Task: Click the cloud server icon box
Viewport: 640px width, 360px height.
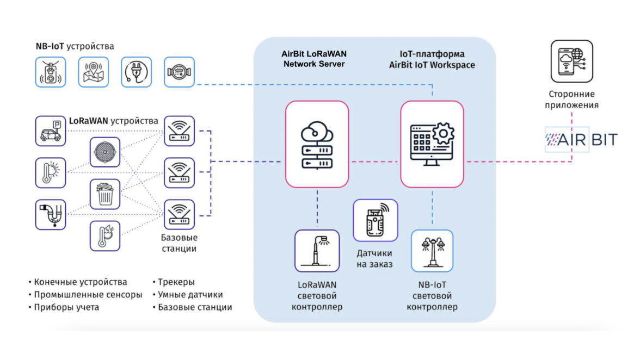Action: pos(317,144)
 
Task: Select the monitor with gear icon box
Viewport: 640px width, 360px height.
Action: pos(432,144)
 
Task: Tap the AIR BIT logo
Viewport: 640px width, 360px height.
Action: pos(581,140)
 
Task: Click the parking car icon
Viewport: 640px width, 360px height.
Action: pos(50,131)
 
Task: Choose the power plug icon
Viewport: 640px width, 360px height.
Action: pos(136,72)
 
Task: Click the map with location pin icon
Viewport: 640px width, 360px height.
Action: pos(94,72)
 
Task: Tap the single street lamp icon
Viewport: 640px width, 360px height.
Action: pos(317,251)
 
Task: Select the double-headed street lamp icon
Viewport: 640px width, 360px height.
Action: pos(432,251)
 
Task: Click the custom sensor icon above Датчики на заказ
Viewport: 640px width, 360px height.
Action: pos(375,220)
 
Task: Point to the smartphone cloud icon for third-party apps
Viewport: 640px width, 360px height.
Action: pos(571,61)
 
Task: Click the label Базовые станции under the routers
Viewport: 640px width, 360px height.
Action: pos(179,243)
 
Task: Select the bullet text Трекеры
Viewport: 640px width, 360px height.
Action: pos(176,282)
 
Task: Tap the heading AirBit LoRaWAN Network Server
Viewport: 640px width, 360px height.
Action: pos(315,59)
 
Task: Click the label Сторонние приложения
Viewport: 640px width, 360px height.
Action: pos(571,100)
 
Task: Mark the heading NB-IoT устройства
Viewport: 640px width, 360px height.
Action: pos(75,46)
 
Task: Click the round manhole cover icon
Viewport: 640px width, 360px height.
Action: pos(105,152)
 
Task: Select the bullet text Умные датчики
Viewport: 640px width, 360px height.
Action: pos(190,294)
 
